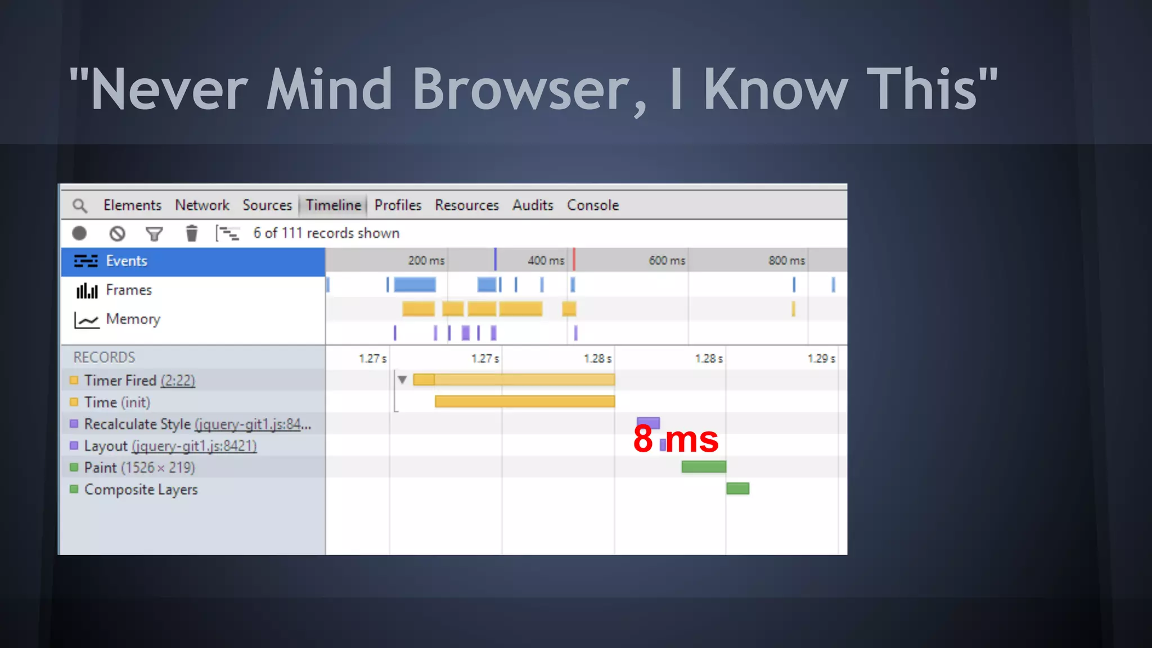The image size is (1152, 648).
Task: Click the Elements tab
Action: click(132, 205)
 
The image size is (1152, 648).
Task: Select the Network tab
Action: click(202, 205)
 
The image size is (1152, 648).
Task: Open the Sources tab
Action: click(267, 205)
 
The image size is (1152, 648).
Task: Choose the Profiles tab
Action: click(398, 205)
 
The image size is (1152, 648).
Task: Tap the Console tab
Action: click(592, 205)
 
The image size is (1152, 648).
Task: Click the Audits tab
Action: click(533, 205)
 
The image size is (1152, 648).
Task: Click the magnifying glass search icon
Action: click(80, 206)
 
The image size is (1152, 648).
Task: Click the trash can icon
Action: click(192, 233)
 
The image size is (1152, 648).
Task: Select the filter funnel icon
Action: click(154, 233)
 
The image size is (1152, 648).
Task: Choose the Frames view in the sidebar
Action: click(128, 290)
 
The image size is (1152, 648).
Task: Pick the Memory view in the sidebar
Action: click(133, 319)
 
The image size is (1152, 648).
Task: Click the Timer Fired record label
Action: click(120, 381)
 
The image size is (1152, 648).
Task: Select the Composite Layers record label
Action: click(141, 489)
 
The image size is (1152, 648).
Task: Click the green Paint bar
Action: click(704, 466)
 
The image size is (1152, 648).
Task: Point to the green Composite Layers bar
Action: click(737, 488)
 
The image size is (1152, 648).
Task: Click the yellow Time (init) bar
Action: click(524, 401)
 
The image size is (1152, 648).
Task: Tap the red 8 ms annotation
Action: click(676, 439)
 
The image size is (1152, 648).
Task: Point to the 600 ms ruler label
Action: click(667, 260)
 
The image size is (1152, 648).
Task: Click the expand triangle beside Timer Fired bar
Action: click(402, 380)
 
